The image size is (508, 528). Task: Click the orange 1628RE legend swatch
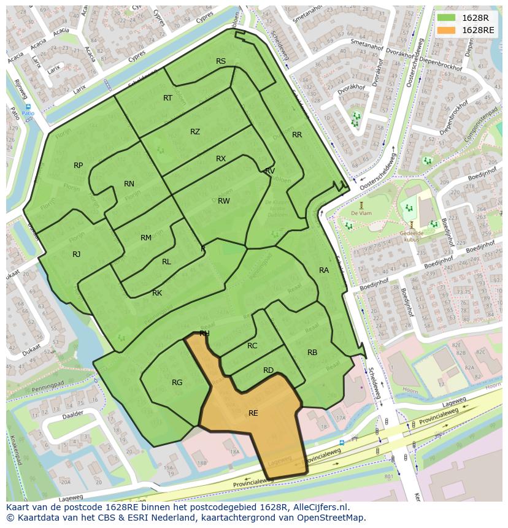pos(447,30)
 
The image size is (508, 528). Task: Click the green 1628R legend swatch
pos(447,18)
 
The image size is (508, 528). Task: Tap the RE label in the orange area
pos(253,413)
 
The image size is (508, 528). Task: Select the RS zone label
pos(221,61)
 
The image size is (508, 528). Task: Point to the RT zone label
pos(167,98)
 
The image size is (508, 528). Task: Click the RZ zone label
pos(195,132)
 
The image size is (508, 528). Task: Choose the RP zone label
pos(79,166)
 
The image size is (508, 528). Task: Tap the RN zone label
pos(129,184)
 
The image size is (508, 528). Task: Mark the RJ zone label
pos(77,254)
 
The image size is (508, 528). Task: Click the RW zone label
pos(224,201)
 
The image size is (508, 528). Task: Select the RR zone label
pos(297,135)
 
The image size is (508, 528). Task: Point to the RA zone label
pos(324,270)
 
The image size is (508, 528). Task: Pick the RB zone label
pos(312,353)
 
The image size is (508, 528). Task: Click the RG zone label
pos(177,383)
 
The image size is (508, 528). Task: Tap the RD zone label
pos(268,370)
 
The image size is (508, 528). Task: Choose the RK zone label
pos(157,293)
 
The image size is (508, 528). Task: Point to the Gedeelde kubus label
pos(412,237)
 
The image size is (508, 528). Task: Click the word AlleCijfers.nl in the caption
pos(320,507)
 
